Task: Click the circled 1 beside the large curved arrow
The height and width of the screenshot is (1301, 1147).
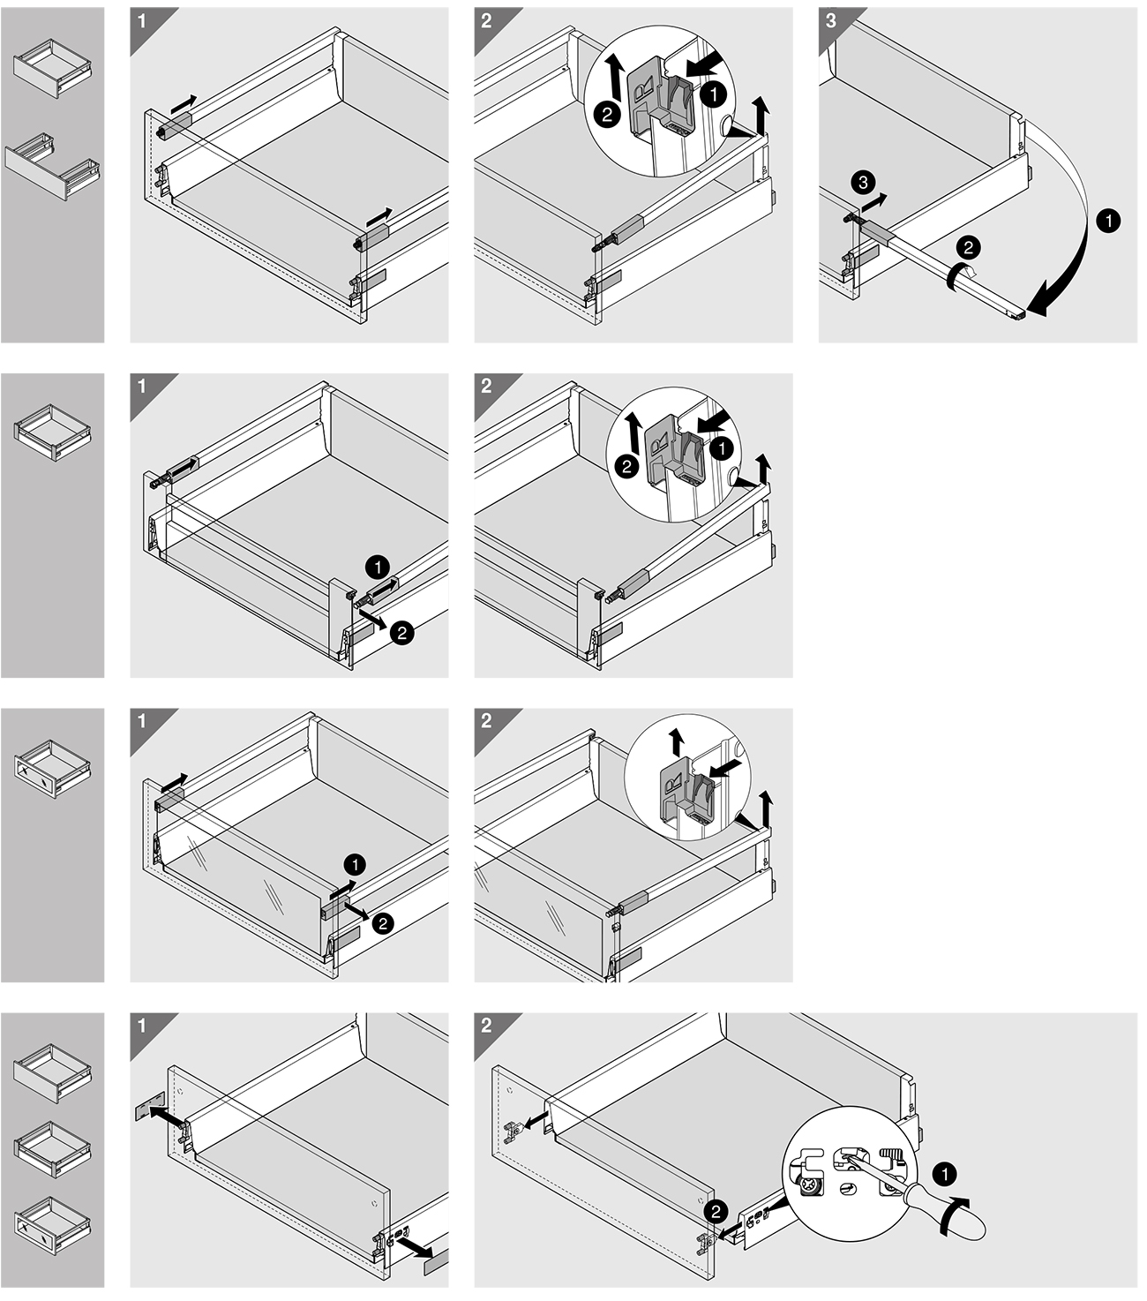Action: tap(1108, 221)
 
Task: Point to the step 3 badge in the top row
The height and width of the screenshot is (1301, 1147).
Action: tap(831, 19)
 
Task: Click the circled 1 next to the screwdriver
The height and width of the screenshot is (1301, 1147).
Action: tap(943, 1175)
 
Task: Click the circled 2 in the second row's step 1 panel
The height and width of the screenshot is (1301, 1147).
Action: tap(401, 632)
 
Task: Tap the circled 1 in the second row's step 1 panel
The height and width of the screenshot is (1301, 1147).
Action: tap(377, 566)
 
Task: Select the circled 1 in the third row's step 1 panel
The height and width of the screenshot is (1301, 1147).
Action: tap(356, 864)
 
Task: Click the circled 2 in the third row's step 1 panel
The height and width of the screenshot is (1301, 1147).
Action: tap(383, 923)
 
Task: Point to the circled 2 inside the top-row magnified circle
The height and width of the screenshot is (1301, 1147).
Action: tap(606, 114)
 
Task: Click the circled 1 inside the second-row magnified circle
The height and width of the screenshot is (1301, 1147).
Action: tap(722, 448)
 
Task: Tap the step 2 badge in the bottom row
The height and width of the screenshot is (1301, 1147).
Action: tap(486, 1026)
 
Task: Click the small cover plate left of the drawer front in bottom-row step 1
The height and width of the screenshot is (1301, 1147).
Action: tap(146, 1109)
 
